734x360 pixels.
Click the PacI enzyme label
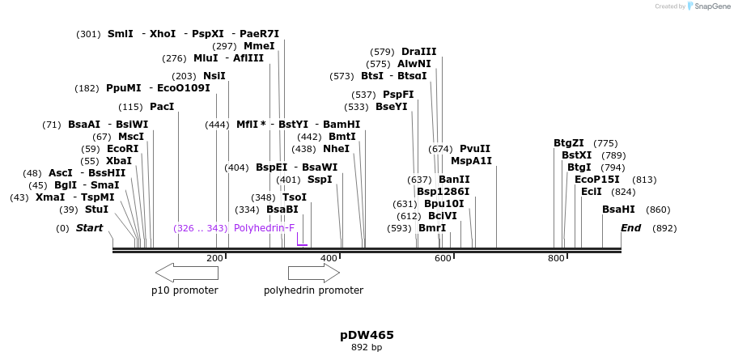coord(162,107)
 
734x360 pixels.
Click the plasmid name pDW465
coord(367,334)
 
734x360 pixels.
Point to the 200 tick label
coord(214,258)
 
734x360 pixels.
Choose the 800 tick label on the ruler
coord(556,258)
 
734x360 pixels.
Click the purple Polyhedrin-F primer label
coord(264,228)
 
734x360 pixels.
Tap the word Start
coord(89,228)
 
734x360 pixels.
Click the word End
coord(630,228)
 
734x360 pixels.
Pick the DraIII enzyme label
coord(418,52)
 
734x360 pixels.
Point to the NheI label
coord(336,149)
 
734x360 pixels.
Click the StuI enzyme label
coord(96,209)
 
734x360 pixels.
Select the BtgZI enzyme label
coord(568,143)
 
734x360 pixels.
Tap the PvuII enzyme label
coord(475,149)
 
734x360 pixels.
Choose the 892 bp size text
coord(367,348)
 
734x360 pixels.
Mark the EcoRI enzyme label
coord(122,149)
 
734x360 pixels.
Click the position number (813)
coord(644,180)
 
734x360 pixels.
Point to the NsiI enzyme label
coord(214,76)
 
